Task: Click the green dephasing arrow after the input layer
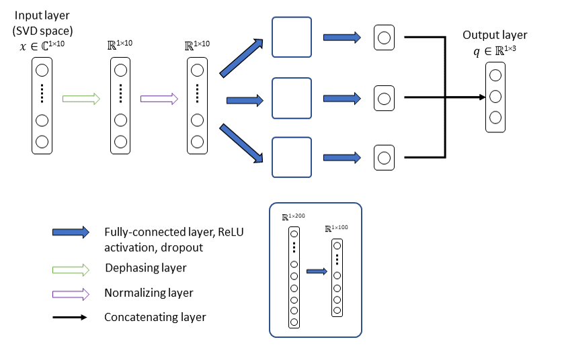tap(81, 99)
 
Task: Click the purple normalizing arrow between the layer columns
tap(159, 99)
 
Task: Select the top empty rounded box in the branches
tap(292, 37)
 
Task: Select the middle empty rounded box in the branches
tap(292, 98)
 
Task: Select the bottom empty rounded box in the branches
tap(292, 157)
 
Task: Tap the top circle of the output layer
tap(495, 75)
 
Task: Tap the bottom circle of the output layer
tap(495, 118)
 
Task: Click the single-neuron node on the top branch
tap(383, 38)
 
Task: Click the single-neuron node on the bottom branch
tap(383, 158)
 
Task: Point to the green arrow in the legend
tap(70, 269)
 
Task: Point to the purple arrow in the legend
tap(70, 294)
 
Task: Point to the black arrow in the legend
tap(70, 317)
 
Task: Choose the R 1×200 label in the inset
tap(294, 217)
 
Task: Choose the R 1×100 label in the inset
tap(337, 229)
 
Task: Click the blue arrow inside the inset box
tap(316, 272)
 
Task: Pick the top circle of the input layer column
tap(42, 69)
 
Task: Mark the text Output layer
tap(495, 35)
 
